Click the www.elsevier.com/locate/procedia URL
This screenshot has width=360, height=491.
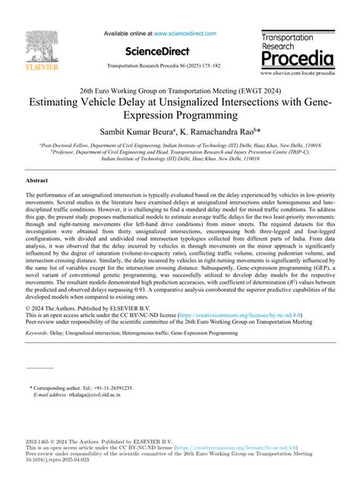coord(296,74)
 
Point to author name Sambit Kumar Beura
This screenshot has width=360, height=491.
coord(153,131)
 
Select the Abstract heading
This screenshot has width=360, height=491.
coord(37,182)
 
